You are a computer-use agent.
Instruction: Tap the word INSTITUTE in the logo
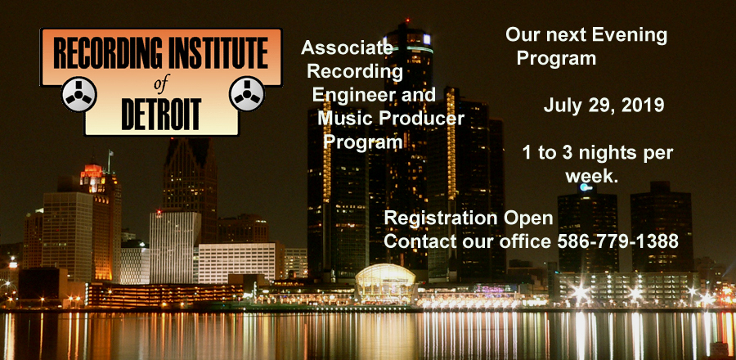point(216,52)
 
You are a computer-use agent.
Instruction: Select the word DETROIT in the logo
point(161,114)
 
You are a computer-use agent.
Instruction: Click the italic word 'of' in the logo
point(160,85)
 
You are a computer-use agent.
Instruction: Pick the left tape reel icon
point(79,94)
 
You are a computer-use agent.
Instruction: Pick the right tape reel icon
point(247,93)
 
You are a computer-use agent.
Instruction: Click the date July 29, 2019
point(604,106)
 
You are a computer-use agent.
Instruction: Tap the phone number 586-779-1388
point(617,241)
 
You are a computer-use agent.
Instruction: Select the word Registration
point(439,218)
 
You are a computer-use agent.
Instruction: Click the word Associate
point(347,47)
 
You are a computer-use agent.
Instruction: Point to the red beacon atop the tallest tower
point(406,21)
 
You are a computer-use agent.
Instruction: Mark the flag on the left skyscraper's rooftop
point(110,154)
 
